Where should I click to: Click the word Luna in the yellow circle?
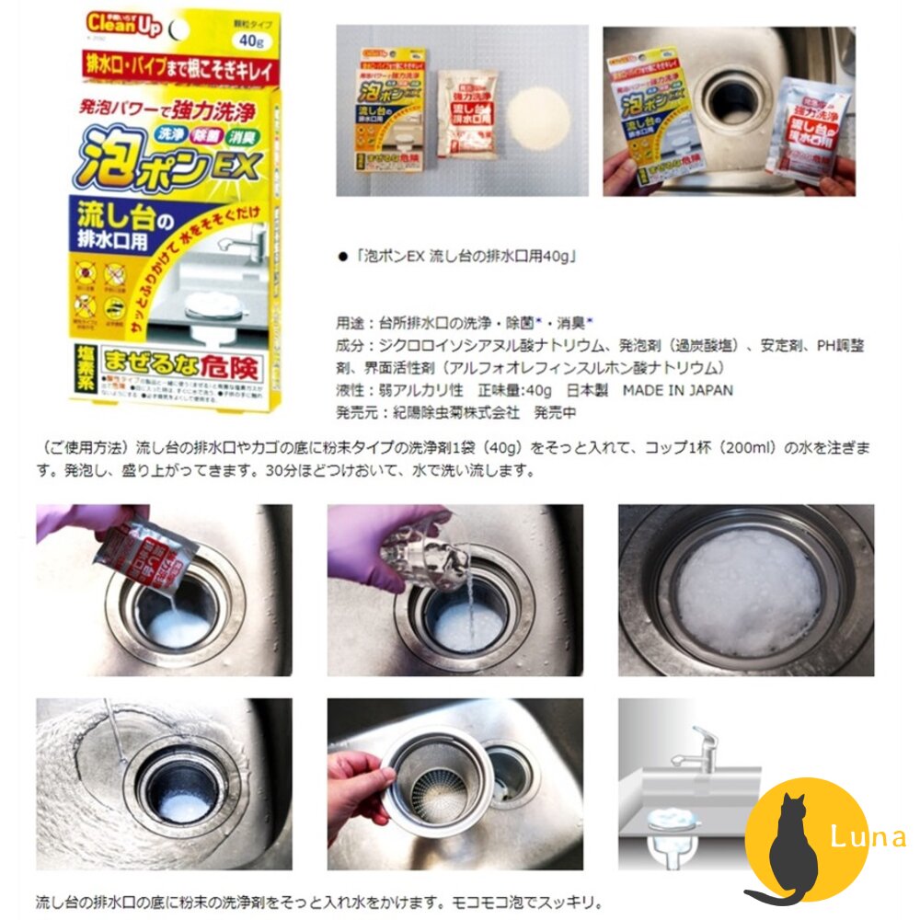pos(865,837)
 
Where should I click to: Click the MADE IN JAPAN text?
pos(677,390)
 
